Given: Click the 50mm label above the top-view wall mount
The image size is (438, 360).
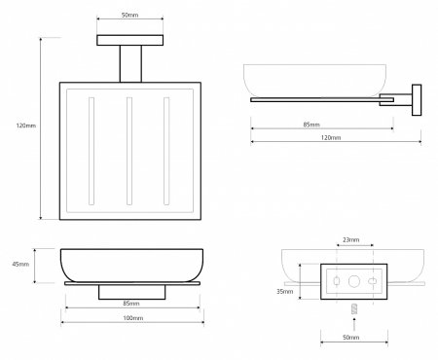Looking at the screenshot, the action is pos(129,15).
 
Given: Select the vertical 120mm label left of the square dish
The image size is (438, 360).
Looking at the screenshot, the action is pos(26,126).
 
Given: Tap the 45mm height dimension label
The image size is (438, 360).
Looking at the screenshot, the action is pos(20,264).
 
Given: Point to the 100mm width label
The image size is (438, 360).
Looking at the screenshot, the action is pos(132,318).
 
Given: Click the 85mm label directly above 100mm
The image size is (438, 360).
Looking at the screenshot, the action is pos(131,304).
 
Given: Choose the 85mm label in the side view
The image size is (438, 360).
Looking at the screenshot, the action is pos(311,125).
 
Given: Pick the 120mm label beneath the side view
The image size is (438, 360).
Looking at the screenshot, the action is pos(331,137).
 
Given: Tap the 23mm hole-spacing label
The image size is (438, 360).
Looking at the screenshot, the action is pos(351,239).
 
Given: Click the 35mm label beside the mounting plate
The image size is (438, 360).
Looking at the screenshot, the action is pos(284,291).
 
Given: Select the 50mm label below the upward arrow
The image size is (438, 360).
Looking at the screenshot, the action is pos(350,338).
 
